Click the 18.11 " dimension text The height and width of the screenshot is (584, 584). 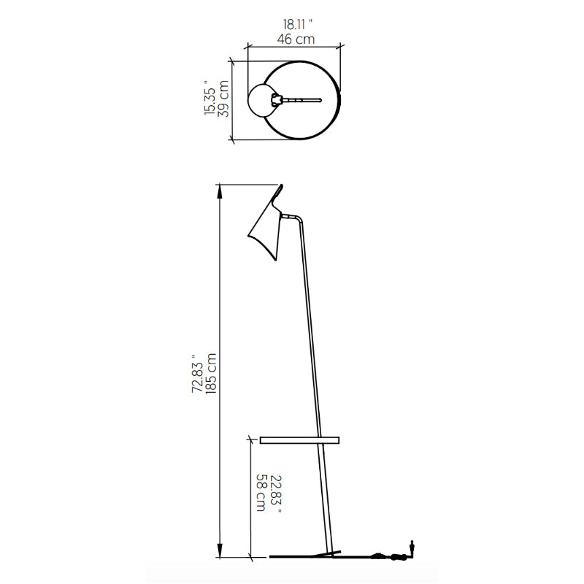click(x=298, y=25)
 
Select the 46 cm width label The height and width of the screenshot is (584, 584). click(x=296, y=39)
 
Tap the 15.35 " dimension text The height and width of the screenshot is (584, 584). click(x=210, y=98)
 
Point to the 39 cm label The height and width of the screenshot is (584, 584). click(x=223, y=99)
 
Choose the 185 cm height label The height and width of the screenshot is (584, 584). click(x=211, y=373)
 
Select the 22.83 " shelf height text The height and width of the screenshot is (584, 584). click(x=276, y=494)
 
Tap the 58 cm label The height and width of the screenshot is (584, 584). click(x=262, y=492)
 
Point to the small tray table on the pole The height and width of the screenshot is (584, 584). click(x=299, y=440)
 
